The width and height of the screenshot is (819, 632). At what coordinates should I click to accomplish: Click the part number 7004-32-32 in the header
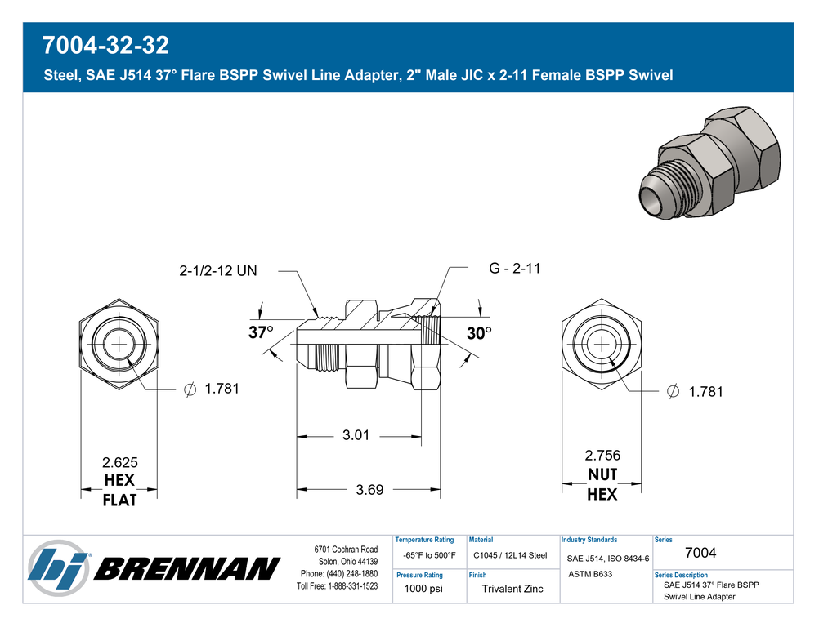pos(105,45)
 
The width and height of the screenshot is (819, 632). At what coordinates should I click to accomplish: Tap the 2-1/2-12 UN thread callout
pos(217,270)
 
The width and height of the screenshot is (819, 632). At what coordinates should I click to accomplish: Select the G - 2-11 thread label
pos(514,269)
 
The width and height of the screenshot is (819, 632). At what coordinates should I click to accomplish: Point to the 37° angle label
pos(261,332)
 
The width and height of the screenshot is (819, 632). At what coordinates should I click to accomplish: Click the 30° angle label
pos(479,333)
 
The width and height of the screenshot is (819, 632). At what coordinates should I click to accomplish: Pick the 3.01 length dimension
pos(356,435)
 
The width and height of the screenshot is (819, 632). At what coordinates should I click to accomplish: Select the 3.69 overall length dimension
pos(369,490)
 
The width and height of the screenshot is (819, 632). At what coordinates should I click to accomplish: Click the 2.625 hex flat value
pos(119,462)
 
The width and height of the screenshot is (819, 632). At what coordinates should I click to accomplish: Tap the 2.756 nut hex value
pos(602,455)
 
